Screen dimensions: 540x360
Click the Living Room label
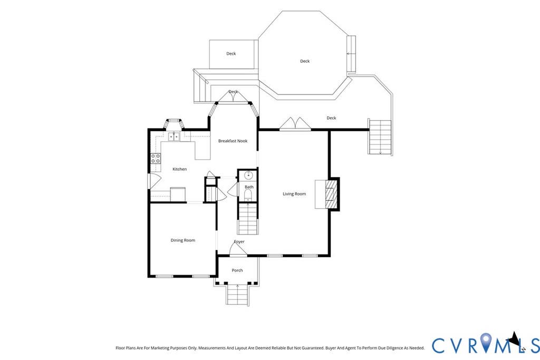[x=294, y=194]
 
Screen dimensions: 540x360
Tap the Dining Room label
[x=183, y=240]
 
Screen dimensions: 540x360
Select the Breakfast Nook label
[x=233, y=141]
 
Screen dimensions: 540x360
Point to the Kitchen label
[x=179, y=169]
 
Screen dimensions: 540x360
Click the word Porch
[x=237, y=270]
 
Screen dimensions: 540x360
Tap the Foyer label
[x=239, y=241]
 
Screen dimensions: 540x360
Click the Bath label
[x=249, y=187]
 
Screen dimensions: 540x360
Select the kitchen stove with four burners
[x=156, y=159]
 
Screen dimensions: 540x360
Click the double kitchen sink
[x=174, y=137]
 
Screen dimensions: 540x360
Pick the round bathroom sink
[x=248, y=176]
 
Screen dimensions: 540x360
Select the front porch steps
[x=237, y=295]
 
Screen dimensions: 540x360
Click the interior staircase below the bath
[x=248, y=219]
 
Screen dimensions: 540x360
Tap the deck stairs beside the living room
[x=380, y=137]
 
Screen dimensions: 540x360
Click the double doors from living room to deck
[x=295, y=124]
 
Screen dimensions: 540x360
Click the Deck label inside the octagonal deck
[x=305, y=61]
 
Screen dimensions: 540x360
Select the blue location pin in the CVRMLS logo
[x=486, y=342]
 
